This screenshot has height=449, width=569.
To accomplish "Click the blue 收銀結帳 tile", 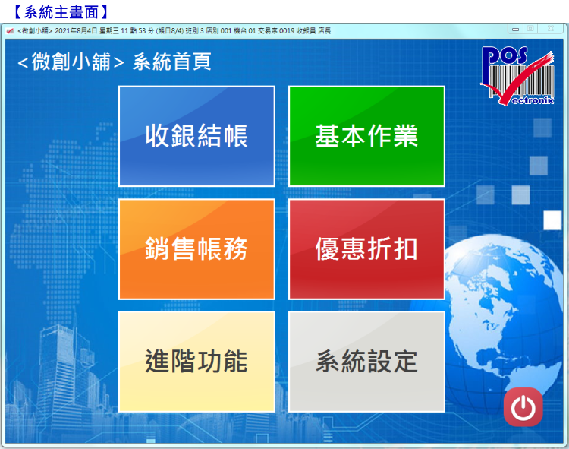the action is (196, 136).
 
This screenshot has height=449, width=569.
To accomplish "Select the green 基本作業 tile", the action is (366, 136).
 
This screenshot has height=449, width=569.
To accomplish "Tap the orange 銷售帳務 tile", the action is (196, 249).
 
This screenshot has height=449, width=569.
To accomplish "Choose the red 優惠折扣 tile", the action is (366, 249).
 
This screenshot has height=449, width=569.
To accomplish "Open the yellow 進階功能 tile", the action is (196, 362).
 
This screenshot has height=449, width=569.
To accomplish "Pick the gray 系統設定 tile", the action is (366, 362).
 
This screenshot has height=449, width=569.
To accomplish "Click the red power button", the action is (523, 407).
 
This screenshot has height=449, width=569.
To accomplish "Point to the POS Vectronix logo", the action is (517, 75).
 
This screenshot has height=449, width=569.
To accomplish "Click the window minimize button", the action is (515, 29).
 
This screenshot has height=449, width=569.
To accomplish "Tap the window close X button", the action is (551, 29).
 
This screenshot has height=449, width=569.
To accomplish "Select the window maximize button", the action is (530, 29).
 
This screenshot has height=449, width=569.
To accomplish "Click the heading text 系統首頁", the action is (171, 62).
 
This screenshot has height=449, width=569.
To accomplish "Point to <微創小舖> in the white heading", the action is (71, 62).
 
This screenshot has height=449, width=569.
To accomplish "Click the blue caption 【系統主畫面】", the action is (61, 12).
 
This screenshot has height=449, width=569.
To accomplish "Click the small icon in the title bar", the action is (10, 31).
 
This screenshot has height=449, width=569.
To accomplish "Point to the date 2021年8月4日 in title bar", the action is (76, 31).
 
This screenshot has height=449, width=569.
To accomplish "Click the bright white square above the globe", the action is (552, 220).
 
